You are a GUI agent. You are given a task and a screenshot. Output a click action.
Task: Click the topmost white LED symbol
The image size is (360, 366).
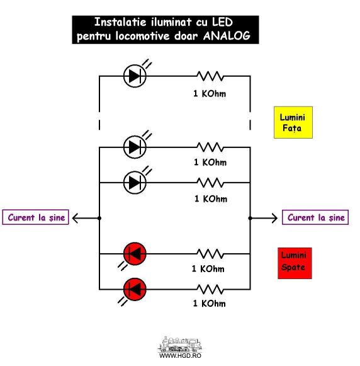point(135,76)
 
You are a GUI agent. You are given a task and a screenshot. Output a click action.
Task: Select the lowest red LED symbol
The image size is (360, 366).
point(135,289)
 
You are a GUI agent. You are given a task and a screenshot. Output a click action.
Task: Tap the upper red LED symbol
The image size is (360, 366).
point(135,254)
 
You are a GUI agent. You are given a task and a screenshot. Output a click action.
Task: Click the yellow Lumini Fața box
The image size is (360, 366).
point(293,122)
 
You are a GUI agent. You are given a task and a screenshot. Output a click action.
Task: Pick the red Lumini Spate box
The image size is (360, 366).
point(295,263)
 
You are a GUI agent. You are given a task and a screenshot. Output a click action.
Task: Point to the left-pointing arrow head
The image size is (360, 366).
point(75,218)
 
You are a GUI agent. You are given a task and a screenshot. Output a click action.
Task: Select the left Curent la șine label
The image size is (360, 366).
point(35,217)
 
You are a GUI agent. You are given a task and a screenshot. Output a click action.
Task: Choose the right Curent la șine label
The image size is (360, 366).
point(315,217)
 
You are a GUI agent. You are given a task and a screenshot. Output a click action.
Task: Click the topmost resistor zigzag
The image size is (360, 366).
point(210,76)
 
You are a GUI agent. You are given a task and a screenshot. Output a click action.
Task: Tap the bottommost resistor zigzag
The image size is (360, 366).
point(210,289)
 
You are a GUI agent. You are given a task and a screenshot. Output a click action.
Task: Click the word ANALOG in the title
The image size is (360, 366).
point(227,36)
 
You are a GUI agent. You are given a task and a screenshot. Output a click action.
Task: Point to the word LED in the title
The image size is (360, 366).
point(222,22)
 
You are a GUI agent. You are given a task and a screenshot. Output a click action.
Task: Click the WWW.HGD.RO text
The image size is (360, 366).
point(180,355)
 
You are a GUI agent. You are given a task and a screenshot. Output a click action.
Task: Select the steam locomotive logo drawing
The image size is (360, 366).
point(180,345)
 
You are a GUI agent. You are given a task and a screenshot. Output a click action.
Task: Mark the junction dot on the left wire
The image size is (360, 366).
point(99,218)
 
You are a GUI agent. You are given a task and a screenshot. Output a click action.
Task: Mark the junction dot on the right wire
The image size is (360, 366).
point(250,218)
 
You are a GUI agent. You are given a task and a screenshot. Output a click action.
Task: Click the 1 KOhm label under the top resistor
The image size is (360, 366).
point(210,94)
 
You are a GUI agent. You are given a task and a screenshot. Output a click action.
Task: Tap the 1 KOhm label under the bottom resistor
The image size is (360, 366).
point(210,303)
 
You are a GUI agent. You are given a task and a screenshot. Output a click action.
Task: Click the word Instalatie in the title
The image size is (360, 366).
point(120,22)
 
